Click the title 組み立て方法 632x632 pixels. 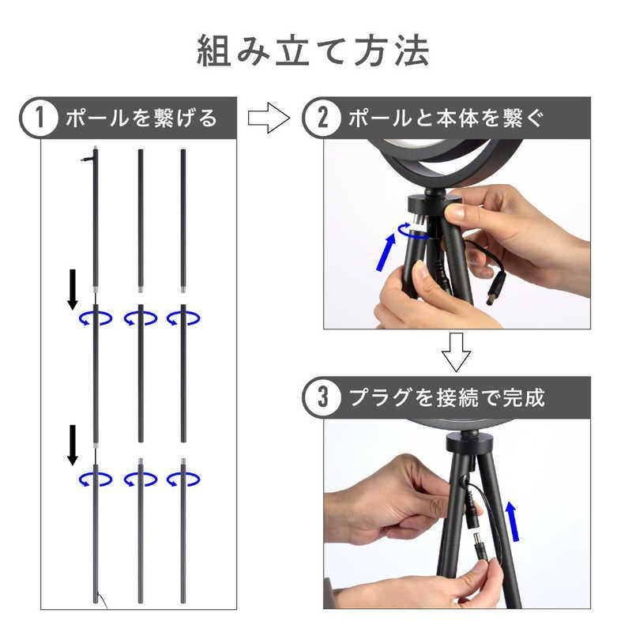click(313, 51)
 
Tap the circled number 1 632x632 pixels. click(39, 118)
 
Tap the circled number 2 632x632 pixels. click(322, 118)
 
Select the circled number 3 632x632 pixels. click(322, 397)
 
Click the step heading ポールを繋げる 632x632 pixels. click(141, 118)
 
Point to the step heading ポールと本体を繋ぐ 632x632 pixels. click(446, 118)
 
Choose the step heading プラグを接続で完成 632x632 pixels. click(446, 398)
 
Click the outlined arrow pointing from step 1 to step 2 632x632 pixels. click(269, 118)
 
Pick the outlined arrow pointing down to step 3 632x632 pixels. click(457, 352)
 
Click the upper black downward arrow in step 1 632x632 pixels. click(73, 289)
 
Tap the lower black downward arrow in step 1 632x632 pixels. click(73, 445)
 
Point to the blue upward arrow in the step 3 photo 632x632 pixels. click(513, 521)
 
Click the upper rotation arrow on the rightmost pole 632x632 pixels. click(183, 318)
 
